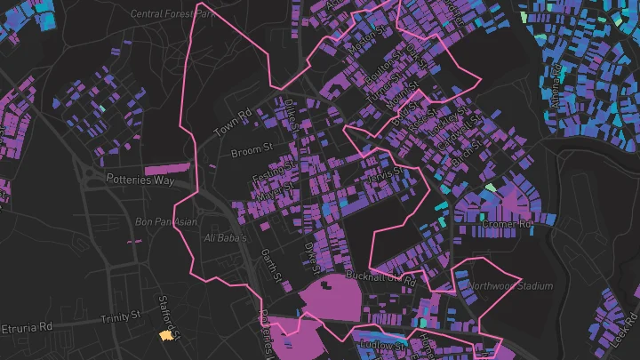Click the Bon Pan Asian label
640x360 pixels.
click(x=165, y=221)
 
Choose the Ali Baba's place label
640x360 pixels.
click(x=225, y=238)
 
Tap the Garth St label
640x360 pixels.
click(x=270, y=266)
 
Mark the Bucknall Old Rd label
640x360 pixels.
click(x=380, y=279)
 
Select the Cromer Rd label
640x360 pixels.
click(x=506, y=225)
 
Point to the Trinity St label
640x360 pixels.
click(x=121, y=316)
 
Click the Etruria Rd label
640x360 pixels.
click(x=26, y=327)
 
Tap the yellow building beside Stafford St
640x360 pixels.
click(x=164, y=335)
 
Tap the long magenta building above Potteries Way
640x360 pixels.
click(x=167, y=167)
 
